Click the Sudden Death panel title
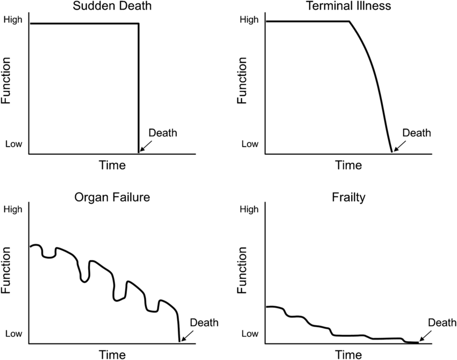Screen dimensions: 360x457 pyautogui.click(x=113, y=7)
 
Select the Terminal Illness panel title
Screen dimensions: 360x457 pyautogui.click(x=348, y=7)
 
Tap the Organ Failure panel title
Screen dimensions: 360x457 pyautogui.click(x=112, y=197)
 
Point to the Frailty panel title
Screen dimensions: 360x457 pyautogui.click(x=348, y=197)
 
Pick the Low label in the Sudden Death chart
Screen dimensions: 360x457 pyautogui.click(x=13, y=144)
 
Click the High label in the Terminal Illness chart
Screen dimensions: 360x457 pyautogui.click(x=249, y=20)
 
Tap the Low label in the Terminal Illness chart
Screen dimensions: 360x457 pyautogui.click(x=250, y=144)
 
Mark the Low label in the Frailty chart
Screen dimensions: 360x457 pyautogui.click(x=250, y=334)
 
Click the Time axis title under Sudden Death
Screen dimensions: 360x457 pyautogui.click(x=112, y=165)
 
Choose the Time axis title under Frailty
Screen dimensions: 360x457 pyautogui.click(x=348, y=354)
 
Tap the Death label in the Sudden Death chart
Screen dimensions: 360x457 pyautogui.click(x=162, y=133)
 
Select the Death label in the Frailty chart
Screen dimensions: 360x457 pyautogui.click(x=442, y=323)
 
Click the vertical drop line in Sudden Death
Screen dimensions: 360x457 pyautogui.click(x=139, y=86)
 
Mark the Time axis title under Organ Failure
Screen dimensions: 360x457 pyautogui.click(x=112, y=354)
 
